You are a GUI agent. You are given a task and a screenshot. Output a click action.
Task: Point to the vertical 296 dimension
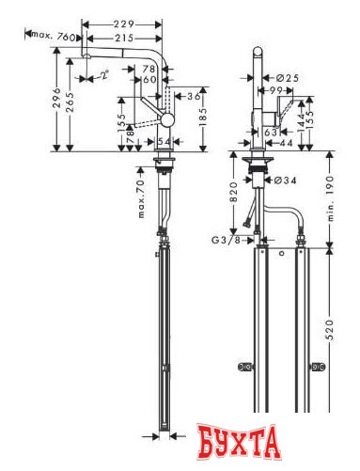[58, 99]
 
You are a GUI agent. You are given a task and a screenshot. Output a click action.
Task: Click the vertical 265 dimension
[72, 99]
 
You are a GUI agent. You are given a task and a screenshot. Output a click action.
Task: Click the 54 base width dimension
[164, 140]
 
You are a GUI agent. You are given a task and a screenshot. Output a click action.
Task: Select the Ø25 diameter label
[289, 77]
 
